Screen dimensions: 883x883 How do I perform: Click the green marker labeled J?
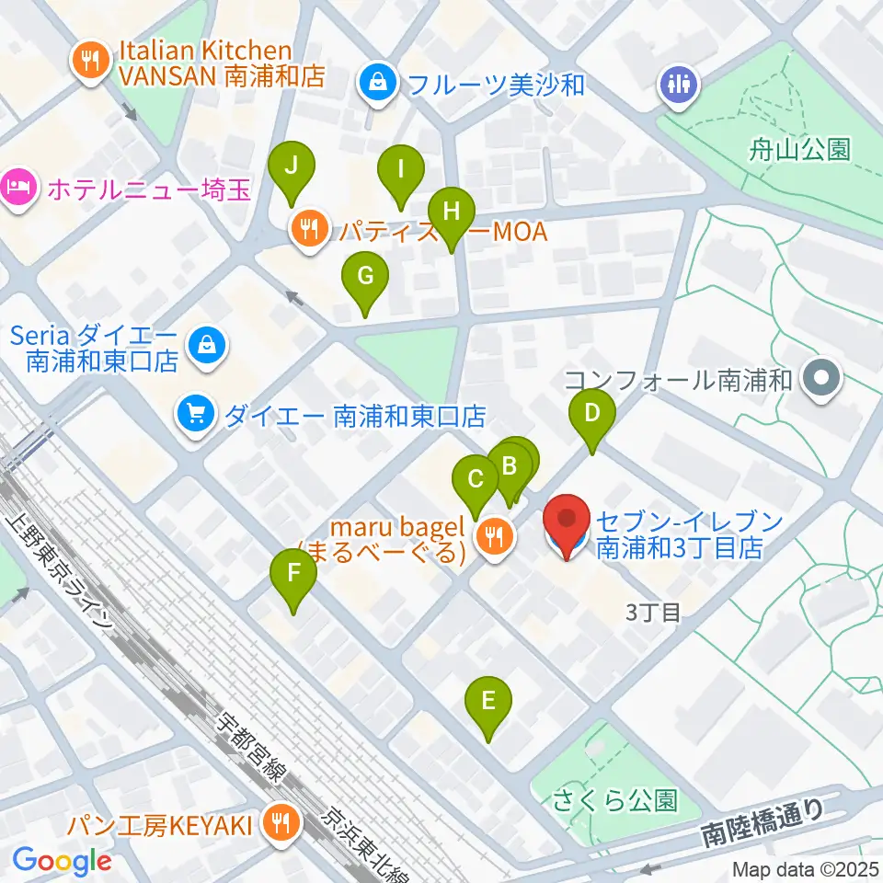292,167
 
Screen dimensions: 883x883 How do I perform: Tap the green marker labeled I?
401,170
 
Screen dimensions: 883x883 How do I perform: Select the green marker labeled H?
451,212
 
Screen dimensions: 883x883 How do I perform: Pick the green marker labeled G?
365,276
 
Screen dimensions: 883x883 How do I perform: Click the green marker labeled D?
592,413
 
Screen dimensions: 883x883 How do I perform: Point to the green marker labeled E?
488,702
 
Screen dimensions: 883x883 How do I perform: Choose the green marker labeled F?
293,574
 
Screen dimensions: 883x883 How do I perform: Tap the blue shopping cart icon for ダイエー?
196,416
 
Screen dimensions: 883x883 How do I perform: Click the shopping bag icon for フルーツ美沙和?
378,85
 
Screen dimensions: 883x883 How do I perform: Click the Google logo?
62,861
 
